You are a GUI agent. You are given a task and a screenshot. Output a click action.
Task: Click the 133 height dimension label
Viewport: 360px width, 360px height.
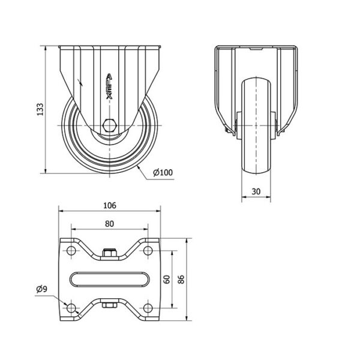click(x=40, y=110)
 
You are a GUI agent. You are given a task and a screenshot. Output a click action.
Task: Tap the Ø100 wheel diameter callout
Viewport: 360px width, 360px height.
click(x=163, y=172)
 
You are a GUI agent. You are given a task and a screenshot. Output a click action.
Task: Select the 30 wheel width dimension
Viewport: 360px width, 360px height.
click(x=256, y=191)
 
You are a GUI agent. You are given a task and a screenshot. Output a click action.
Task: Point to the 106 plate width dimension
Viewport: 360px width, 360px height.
click(x=110, y=205)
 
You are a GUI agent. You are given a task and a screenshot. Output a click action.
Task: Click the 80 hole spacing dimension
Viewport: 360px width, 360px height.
click(x=110, y=224)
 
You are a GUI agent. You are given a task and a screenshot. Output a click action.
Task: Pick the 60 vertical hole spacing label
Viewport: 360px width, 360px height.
click(x=167, y=279)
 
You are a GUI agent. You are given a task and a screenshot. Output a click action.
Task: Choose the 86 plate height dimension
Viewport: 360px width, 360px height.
click(x=181, y=279)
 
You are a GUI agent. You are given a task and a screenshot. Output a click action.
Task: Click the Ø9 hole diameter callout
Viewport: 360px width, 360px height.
click(x=42, y=289)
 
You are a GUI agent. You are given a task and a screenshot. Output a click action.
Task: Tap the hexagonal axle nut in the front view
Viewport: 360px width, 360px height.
click(x=110, y=125)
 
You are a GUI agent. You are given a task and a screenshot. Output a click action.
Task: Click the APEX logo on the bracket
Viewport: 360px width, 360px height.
click(x=109, y=86)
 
